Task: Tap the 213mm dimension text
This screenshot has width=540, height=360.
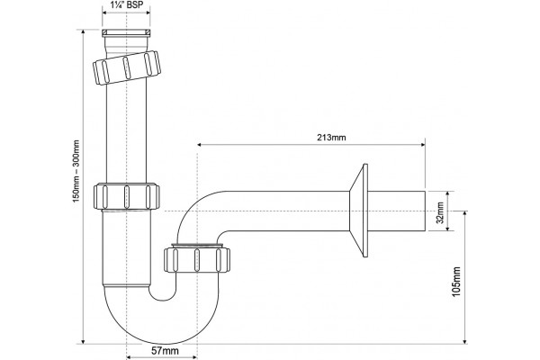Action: click(x=331, y=138)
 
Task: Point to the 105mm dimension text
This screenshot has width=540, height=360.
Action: click(x=456, y=282)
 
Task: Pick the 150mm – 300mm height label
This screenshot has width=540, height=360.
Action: click(x=76, y=171)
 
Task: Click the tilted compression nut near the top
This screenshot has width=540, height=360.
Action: click(x=127, y=67)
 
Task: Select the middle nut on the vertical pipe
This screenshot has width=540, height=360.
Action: click(x=127, y=196)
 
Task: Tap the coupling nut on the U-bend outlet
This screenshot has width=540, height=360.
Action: click(x=196, y=259)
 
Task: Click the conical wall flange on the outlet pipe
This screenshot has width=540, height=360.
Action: click(x=359, y=211)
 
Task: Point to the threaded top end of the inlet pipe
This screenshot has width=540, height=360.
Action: click(x=126, y=33)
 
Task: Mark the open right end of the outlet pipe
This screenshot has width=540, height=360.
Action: click(x=425, y=211)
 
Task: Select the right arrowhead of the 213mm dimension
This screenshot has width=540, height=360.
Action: click(x=423, y=145)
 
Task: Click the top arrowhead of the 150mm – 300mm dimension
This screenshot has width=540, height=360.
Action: click(x=83, y=32)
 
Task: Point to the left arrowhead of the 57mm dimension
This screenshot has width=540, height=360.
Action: click(x=130, y=357)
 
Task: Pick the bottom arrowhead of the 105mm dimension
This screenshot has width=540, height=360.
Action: click(x=465, y=341)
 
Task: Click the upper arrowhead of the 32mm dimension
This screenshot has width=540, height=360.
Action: click(x=447, y=194)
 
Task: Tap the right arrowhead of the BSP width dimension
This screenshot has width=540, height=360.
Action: click(x=148, y=13)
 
